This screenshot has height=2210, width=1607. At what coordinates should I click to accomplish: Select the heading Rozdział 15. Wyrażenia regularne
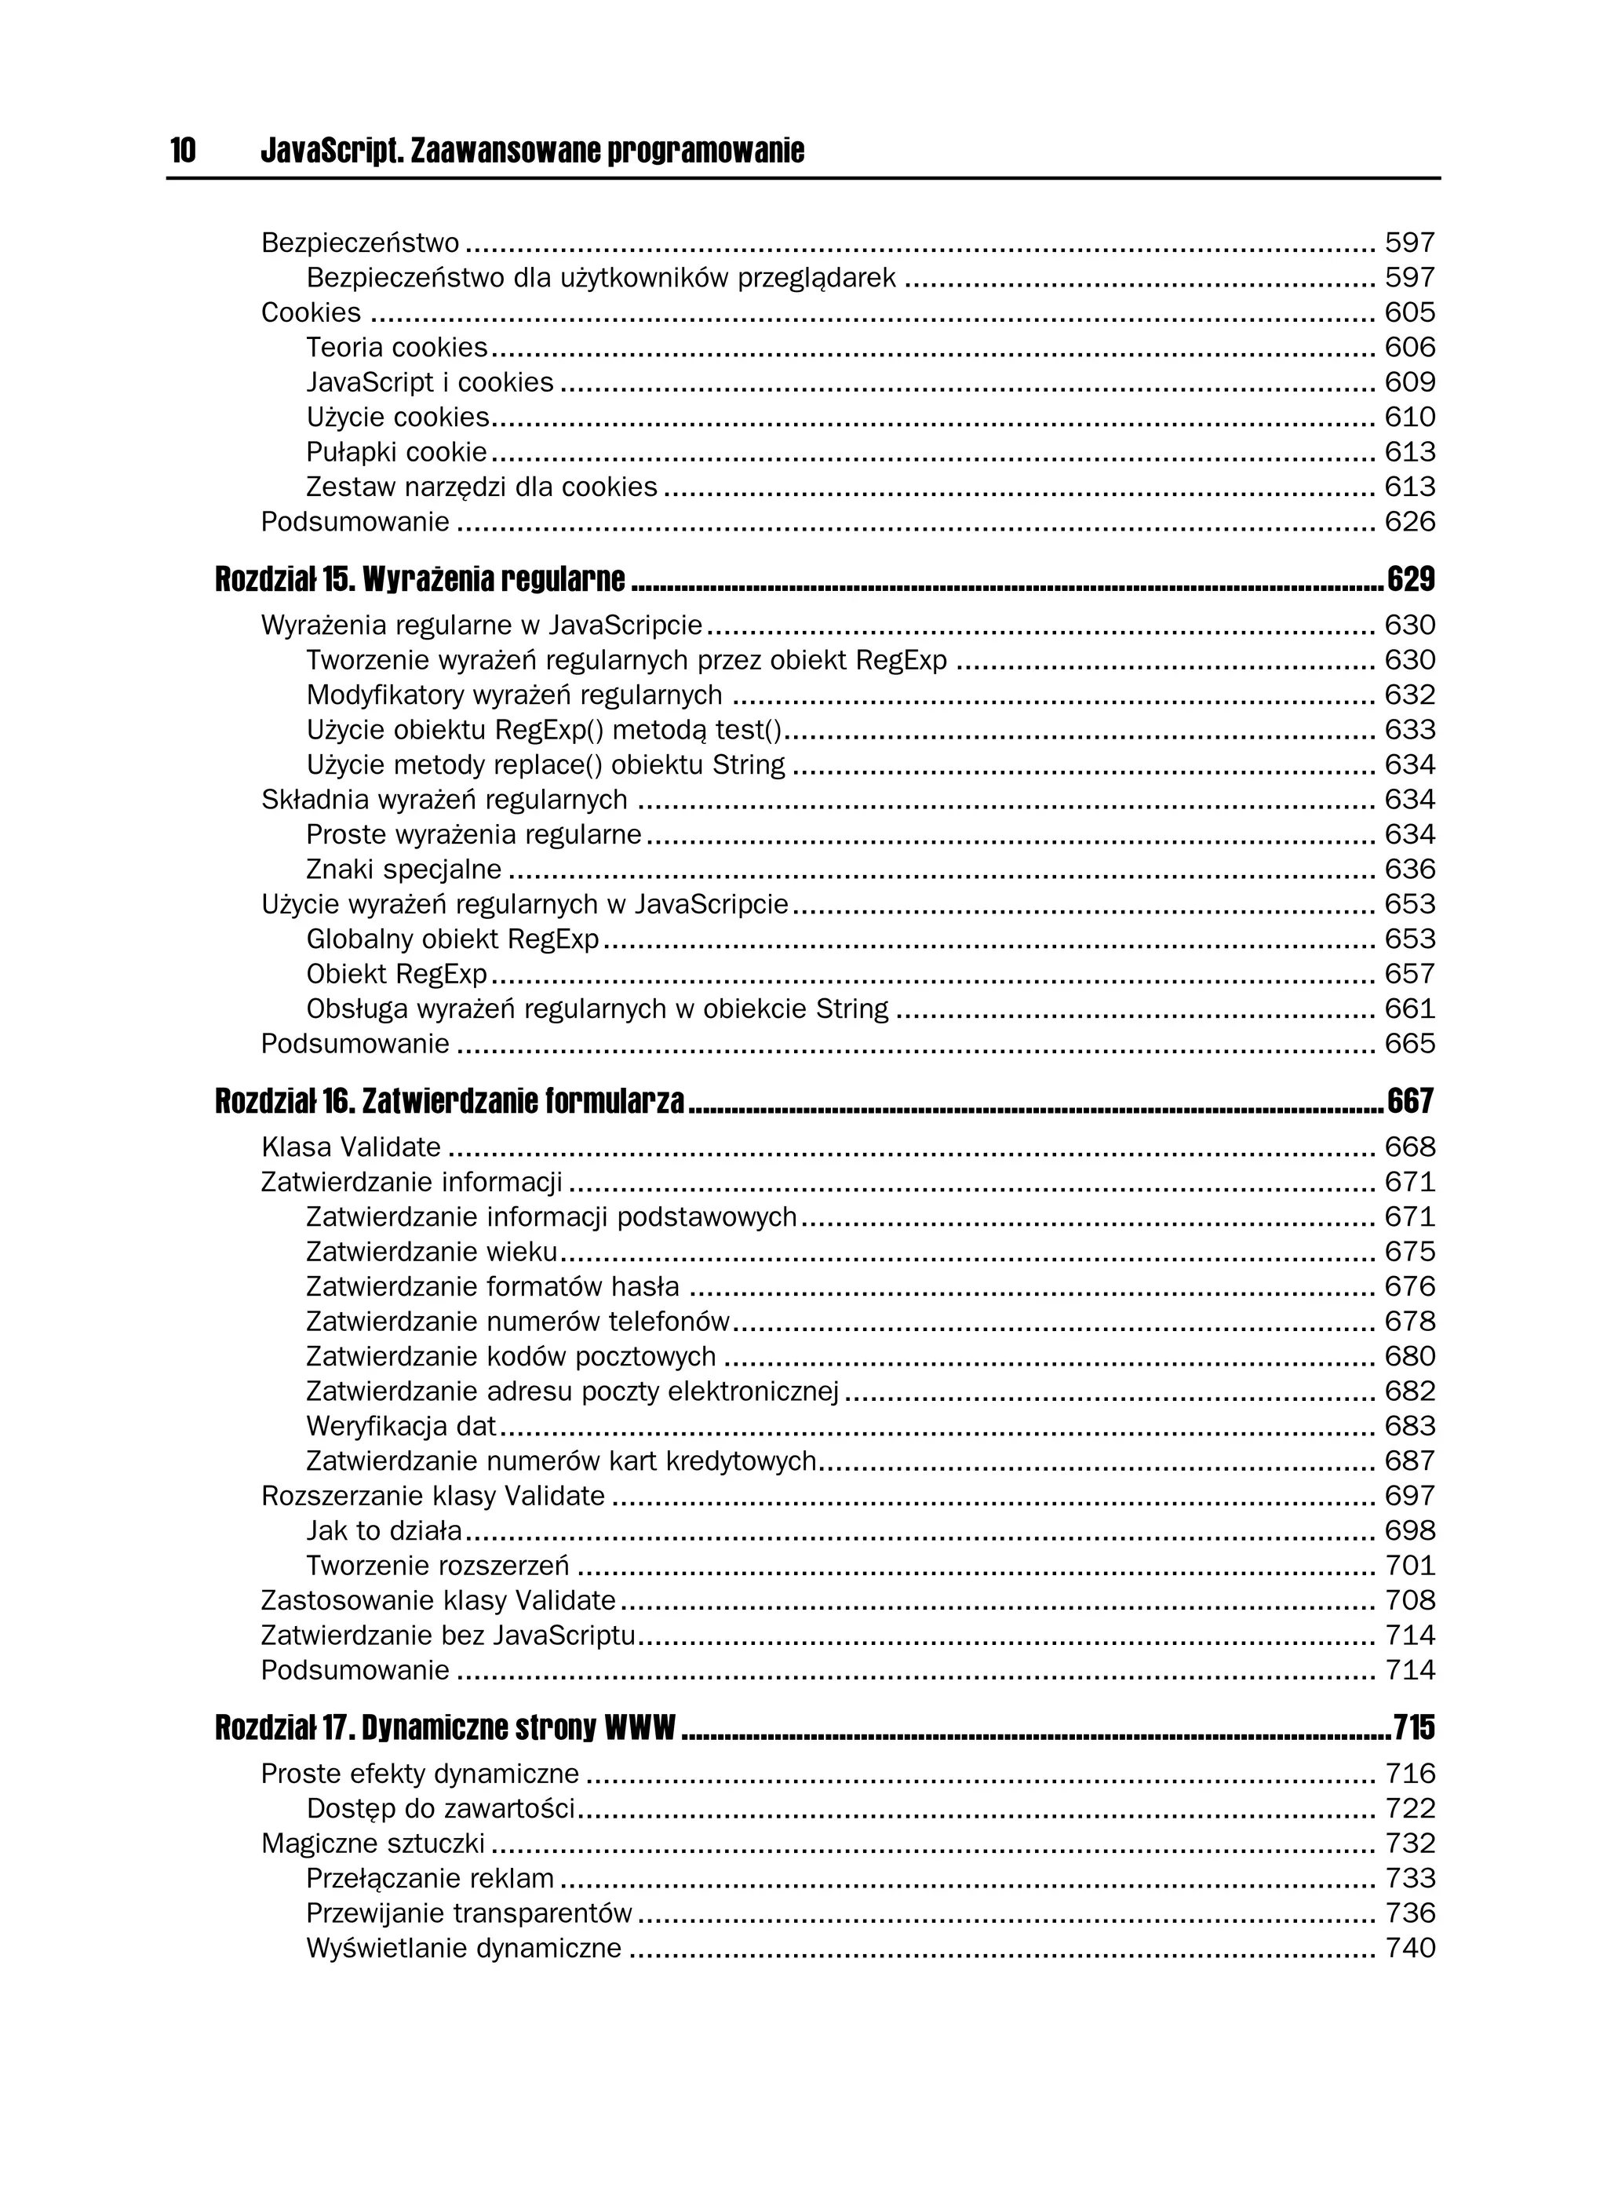click(x=420, y=580)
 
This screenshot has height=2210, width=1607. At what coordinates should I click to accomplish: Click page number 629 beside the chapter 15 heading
click(x=1410, y=580)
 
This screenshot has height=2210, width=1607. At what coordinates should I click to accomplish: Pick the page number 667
click(x=1410, y=1102)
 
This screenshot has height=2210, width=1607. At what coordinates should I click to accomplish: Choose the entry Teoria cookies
click(x=396, y=348)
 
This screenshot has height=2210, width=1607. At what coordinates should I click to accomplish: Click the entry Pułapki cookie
click(x=395, y=452)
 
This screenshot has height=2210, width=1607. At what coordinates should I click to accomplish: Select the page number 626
click(x=1410, y=523)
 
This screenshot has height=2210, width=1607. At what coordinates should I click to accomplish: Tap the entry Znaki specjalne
click(x=403, y=870)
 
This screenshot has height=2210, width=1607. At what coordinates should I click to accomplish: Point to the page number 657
click(x=1410, y=975)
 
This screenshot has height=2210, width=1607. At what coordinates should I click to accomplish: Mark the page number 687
click(x=1410, y=1461)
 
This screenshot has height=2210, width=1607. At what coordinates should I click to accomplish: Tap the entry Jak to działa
click(x=384, y=1531)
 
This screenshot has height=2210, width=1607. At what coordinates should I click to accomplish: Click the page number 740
click(x=1410, y=1949)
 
